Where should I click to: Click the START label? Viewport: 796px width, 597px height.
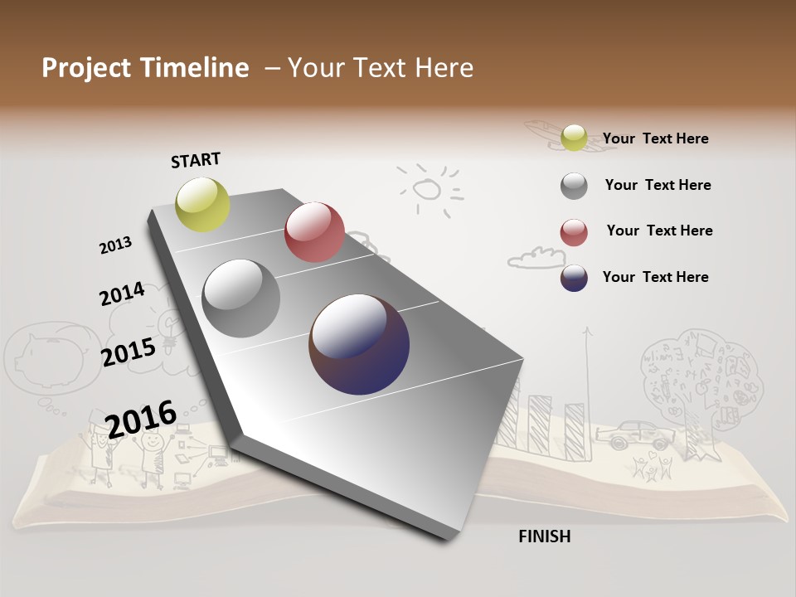coord(196,160)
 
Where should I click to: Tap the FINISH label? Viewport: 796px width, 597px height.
coord(544,536)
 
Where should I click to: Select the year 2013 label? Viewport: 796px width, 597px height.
coord(116,245)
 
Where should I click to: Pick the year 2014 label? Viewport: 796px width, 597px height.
coord(122,294)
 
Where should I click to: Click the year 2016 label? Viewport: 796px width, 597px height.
coord(141,419)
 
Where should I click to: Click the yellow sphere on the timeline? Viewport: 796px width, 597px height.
coord(203,204)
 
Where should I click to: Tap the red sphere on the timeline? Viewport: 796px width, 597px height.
coord(314,231)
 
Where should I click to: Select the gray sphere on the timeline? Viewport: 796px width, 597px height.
coord(241,298)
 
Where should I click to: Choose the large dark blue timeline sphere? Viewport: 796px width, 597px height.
coord(359,344)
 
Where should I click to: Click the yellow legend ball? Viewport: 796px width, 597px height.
coord(574,138)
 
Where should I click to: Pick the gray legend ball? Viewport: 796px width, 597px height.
coord(574,186)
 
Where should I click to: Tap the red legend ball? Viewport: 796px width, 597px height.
coord(574,232)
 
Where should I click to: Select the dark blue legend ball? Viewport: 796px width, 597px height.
coord(574,278)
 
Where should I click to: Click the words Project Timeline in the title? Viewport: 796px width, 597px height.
coord(145,68)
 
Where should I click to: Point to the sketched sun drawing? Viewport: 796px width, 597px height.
coord(427,190)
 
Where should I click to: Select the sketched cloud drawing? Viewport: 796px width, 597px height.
coord(536,258)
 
